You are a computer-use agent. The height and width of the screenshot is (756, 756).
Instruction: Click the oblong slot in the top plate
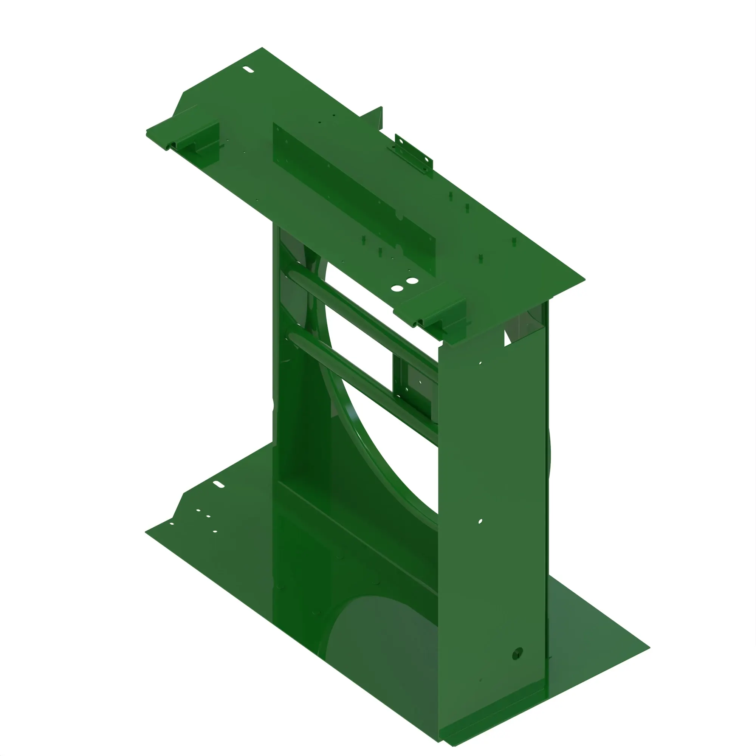[x=248, y=70]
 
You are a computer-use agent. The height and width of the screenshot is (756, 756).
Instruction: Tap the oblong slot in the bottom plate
[x=218, y=485]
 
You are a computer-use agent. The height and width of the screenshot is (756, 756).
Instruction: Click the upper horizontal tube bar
[x=360, y=313]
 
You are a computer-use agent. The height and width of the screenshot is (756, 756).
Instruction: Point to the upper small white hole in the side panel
[x=480, y=363]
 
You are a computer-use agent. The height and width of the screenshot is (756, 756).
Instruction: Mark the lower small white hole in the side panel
[x=480, y=521]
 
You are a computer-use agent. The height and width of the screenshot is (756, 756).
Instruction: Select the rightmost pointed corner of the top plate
[x=584, y=280]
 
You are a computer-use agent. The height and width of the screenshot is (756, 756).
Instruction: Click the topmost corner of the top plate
[x=262, y=48]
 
